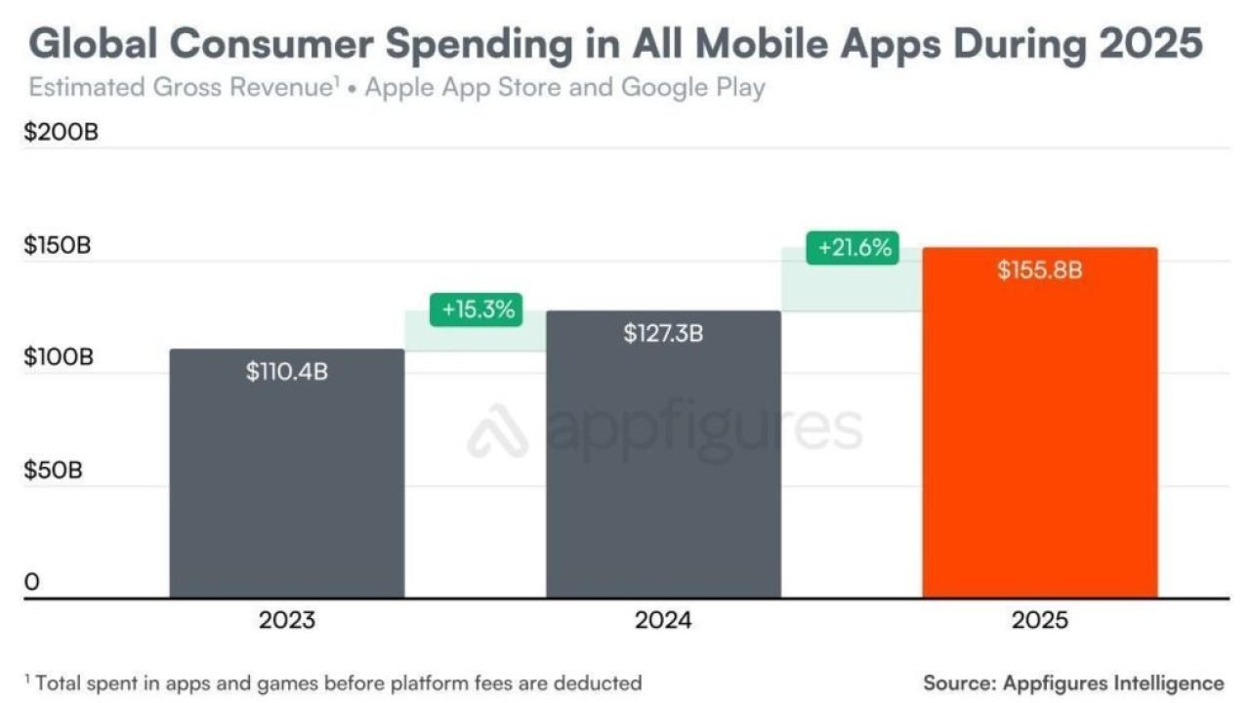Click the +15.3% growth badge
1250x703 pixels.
[x=477, y=310]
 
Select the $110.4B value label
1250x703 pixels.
[x=286, y=372]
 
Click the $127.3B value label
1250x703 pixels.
[x=663, y=333]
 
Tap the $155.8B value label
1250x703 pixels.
[x=1040, y=270]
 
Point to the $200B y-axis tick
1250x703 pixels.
[x=61, y=133]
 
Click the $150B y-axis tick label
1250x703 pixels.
[x=58, y=245]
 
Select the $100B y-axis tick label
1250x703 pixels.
[x=59, y=357]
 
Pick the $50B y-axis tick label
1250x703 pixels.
[x=54, y=470]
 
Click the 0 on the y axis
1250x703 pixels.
[x=32, y=583]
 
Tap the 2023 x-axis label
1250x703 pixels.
[x=286, y=621]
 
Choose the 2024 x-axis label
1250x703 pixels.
[x=663, y=621]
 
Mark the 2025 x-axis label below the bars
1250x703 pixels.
[x=1040, y=621]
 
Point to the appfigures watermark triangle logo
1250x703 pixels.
[x=497, y=432]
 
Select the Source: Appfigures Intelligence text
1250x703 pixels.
[x=1073, y=682]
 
